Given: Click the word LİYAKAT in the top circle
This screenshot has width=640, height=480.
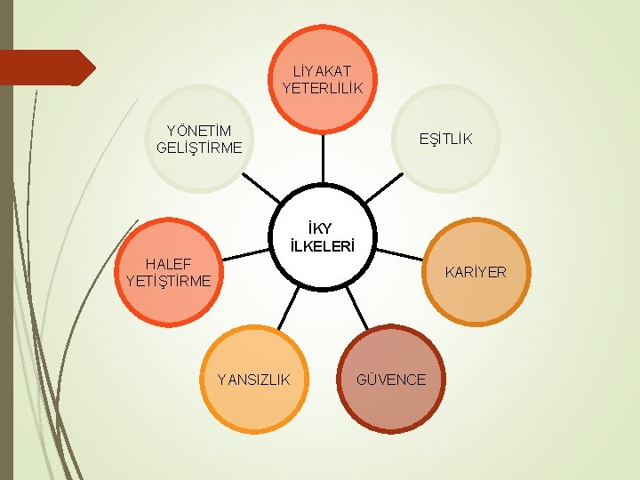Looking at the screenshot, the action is coord(323,70).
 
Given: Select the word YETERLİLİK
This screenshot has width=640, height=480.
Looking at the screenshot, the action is coord(323,88).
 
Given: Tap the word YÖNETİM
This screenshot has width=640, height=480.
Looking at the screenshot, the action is coord(193,131).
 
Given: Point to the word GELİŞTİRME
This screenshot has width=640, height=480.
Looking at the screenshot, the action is coord(198,148).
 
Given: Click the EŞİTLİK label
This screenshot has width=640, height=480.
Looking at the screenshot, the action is coord(446,139).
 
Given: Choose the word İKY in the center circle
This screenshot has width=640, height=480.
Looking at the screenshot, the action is coord(322,229).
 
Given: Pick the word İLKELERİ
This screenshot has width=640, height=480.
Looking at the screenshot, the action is coord(322,246).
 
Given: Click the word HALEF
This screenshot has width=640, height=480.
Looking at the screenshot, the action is coord(169,263).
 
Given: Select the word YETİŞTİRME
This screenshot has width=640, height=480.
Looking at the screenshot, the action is coord(169,281).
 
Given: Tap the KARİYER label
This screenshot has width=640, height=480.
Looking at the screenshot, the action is coord(476,272).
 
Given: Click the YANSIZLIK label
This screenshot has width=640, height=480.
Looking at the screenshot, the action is coord(254,380).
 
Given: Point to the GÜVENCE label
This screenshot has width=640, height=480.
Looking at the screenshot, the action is coord(391,380).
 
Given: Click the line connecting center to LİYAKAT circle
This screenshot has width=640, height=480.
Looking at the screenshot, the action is coord(322,160).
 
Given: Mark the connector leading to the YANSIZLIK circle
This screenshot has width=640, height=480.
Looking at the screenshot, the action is coord(286,308).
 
